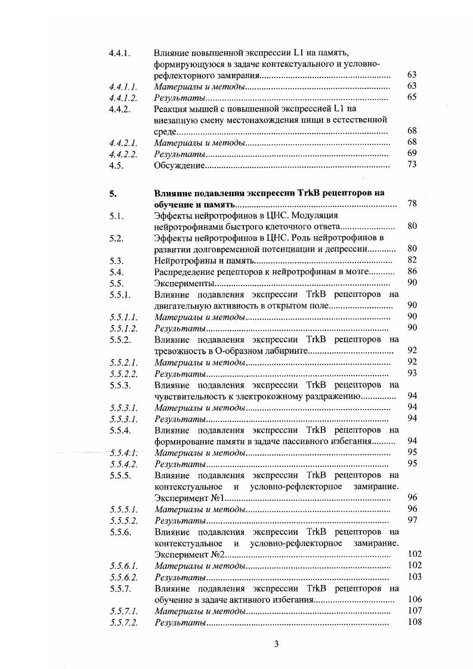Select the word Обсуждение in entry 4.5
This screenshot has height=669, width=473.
pos(178,165)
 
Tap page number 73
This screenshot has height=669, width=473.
pos(411,165)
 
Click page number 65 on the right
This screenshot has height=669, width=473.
pos(411,97)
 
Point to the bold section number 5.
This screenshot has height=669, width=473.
pos(112,193)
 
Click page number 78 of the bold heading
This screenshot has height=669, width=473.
pos(411,205)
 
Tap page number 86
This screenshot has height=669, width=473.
pos(411,271)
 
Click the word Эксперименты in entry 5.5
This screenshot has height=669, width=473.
pos(181,283)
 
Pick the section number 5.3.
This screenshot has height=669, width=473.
pos(116,260)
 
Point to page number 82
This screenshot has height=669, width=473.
pos(411,260)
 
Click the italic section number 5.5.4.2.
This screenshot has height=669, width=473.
pos(124,463)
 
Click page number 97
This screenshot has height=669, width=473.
pos(411,521)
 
